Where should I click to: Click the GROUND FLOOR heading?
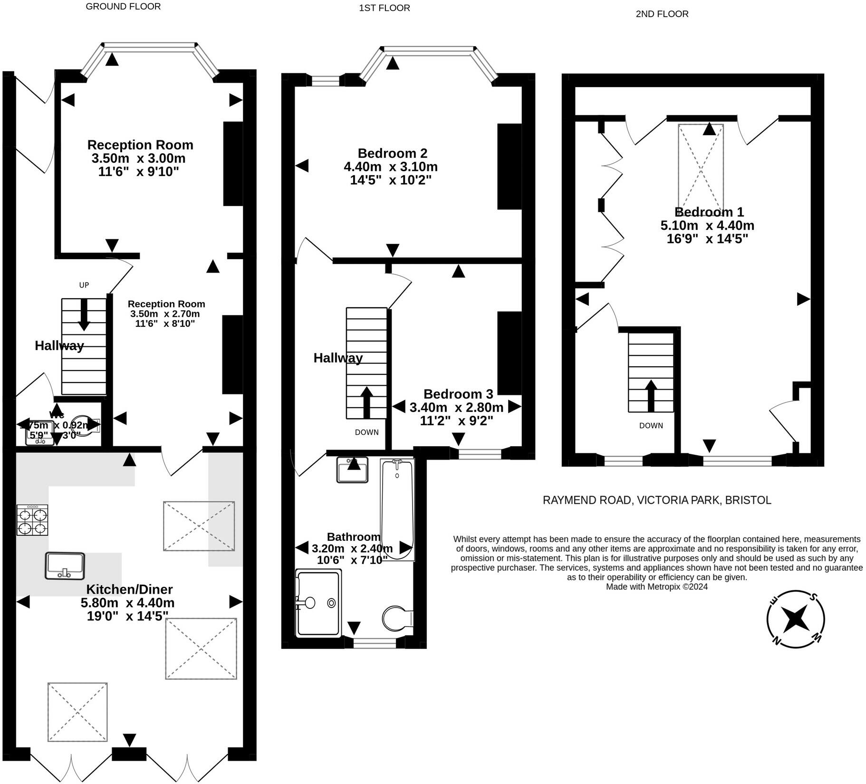[123, 6]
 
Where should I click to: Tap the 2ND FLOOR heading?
[662, 14]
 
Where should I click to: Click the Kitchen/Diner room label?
[129, 589]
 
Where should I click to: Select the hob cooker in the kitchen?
[32, 520]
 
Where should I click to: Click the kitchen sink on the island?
[65, 566]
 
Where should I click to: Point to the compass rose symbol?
[795, 619]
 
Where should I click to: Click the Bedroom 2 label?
[392, 153]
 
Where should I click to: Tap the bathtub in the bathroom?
[397, 510]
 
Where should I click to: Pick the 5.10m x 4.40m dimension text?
[707, 225]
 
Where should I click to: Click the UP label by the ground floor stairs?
[84, 285]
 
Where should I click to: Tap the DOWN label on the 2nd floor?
[651, 425]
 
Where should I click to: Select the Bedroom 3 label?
[458, 394]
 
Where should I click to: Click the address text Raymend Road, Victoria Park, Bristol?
[657, 500]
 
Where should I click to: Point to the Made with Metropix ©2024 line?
[656, 587]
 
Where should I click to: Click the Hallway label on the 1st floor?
[338, 358]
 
